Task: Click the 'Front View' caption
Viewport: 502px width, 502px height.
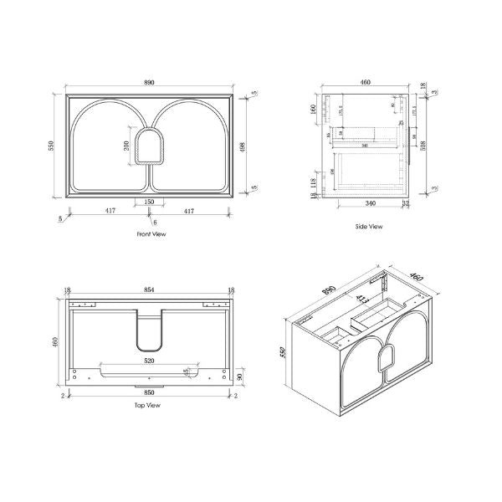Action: (151, 234)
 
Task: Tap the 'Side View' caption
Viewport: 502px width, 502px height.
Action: (369, 227)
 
